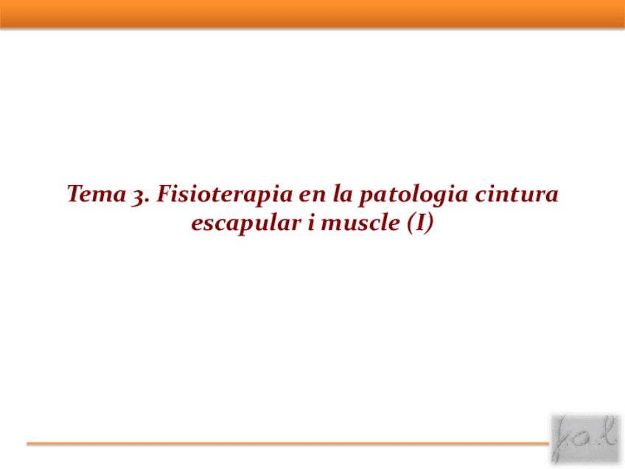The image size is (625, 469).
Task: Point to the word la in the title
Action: click(337, 195)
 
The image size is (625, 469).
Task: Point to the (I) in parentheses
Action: click(419, 223)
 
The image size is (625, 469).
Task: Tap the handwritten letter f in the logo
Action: click(563, 440)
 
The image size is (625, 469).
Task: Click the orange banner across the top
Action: click(312, 13)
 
